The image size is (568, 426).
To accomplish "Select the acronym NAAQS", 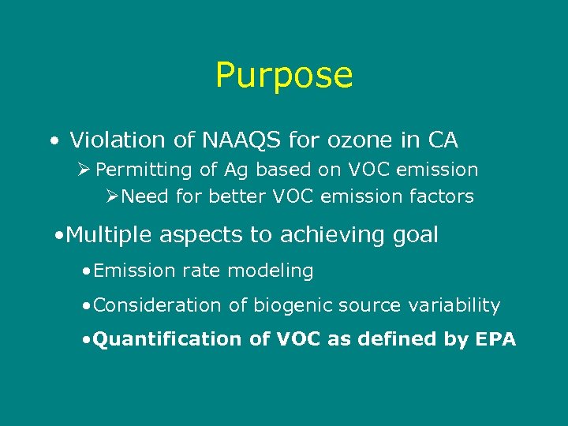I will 233,140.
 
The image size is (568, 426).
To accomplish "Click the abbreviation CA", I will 443,140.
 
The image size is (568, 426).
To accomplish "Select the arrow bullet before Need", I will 112,196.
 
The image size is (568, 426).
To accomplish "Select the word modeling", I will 273,271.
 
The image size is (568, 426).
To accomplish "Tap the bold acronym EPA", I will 495,339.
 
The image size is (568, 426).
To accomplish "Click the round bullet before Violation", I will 52,143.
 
